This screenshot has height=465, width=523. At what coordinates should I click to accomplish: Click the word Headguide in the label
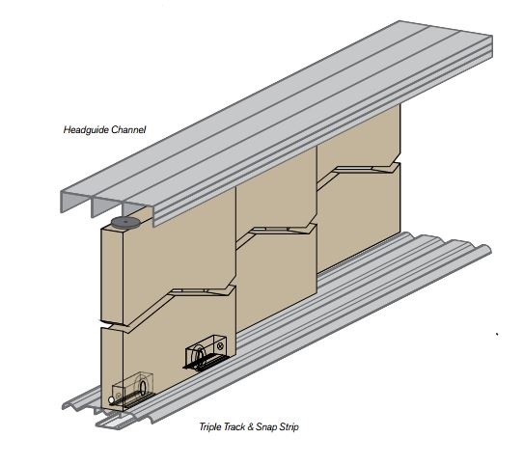pyautogui.click(x=86, y=129)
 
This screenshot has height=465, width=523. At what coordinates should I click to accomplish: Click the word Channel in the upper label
pyautogui.click(x=128, y=129)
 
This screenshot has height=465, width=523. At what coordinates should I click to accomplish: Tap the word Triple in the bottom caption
pyautogui.click(x=210, y=426)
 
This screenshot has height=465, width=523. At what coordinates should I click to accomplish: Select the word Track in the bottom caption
pyautogui.click(x=234, y=426)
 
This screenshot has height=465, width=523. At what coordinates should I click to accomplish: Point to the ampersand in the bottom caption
pyautogui.click(x=251, y=427)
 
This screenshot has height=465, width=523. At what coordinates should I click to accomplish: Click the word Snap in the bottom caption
pyautogui.click(x=266, y=427)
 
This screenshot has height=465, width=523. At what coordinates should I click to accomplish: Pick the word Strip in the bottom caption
pyautogui.click(x=289, y=427)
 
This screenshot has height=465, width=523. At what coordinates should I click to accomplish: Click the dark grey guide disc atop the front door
pyautogui.click(x=124, y=222)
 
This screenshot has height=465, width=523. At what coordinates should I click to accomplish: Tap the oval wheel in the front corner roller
pyautogui.click(x=143, y=387)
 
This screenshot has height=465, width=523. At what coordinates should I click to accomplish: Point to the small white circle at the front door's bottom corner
pyautogui.click(x=111, y=400)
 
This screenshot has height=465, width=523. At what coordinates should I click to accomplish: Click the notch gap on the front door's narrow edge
pyautogui.click(x=112, y=323)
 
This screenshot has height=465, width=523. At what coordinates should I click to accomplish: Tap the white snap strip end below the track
pyautogui.click(x=110, y=422)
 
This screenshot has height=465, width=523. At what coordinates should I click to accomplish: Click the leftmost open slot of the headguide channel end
pyautogui.click(x=76, y=203)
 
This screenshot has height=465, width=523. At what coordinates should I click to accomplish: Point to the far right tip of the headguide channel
pyautogui.click(x=492, y=36)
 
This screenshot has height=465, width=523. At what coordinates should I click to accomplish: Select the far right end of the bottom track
pyautogui.click(x=489, y=250)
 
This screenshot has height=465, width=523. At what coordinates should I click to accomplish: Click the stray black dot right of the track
pyautogui.click(x=497, y=334)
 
